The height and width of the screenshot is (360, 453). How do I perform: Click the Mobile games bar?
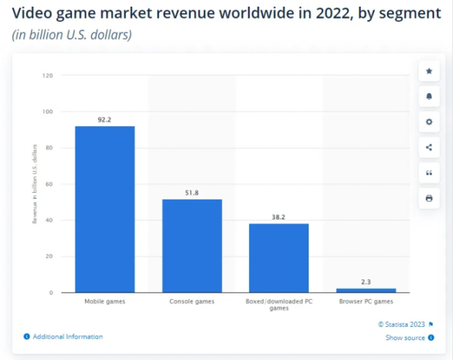(x=105, y=209)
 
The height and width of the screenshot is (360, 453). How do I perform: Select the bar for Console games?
(x=192, y=246)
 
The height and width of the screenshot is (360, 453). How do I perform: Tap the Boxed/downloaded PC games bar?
(x=279, y=258)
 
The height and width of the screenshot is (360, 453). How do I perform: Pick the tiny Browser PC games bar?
(x=366, y=290)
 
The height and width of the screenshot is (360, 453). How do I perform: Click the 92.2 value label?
(x=105, y=119)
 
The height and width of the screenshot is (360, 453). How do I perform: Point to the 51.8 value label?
(x=192, y=192)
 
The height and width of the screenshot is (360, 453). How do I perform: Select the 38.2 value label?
(x=279, y=217)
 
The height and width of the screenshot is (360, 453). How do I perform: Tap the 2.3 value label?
(x=366, y=282)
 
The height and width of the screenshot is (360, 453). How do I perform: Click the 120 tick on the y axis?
(x=48, y=76)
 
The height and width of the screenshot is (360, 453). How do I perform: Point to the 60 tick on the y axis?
(x=49, y=184)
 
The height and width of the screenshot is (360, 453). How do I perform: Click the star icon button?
(x=429, y=71)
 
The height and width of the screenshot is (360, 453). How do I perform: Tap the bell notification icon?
(x=429, y=96)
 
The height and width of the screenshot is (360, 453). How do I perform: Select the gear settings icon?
(x=429, y=122)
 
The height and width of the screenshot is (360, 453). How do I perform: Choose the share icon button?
(x=429, y=147)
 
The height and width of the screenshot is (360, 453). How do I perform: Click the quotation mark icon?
(x=429, y=173)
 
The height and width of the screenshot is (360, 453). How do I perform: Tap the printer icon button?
(x=429, y=198)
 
